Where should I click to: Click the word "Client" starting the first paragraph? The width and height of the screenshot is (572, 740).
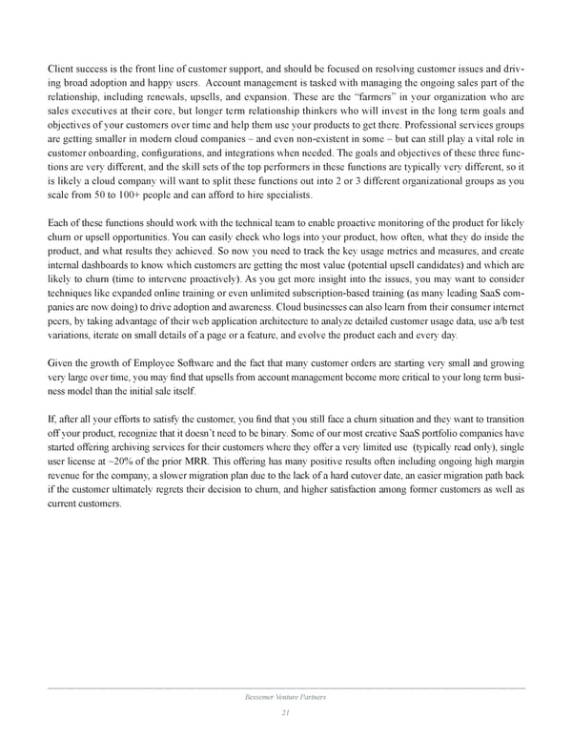[61, 69]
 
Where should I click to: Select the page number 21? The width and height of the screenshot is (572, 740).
[285, 713]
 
